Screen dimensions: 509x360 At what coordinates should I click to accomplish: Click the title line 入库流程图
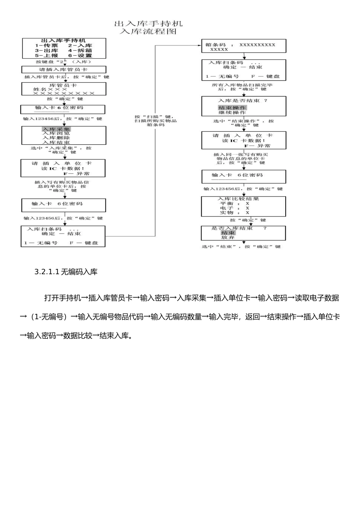click(x=148, y=31)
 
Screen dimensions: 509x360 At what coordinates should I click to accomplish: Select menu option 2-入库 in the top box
click(x=80, y=45)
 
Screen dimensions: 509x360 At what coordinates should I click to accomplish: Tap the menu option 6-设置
click(x=80, y=55)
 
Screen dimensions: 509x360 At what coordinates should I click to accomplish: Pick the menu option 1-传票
click(x=47, y=45)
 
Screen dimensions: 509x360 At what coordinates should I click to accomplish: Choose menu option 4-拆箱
click(x=80, y=50)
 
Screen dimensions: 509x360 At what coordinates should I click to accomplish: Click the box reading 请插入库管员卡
click(x=64, y=70)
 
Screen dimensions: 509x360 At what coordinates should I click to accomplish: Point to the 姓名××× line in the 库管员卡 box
click(x=50, y=89)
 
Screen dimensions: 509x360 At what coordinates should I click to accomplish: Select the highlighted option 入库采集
click(x=56, y=129)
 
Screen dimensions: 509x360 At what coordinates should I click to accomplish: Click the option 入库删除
click(x=56, y=138)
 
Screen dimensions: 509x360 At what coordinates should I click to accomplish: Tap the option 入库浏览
click(x=56, y=133)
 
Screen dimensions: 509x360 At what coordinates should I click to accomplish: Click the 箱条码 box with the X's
click(x=243, y=46)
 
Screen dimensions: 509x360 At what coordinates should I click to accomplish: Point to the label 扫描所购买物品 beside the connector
click(x=155, y=121)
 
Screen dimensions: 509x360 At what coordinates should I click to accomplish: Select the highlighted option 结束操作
click(x=232, y=108)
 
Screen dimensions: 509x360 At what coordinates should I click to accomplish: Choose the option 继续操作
click(x=232, y=112)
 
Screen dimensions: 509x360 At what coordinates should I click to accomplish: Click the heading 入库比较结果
click(x=238, y=199)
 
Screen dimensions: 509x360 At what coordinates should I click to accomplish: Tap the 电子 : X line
click(x=235, y=208)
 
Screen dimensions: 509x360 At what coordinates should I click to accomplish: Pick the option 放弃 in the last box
click(x=228, y=237)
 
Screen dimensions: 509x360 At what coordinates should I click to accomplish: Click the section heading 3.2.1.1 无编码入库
click(x=66, y=272)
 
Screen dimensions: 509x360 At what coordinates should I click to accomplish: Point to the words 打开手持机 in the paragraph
click(x=63, y=298)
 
